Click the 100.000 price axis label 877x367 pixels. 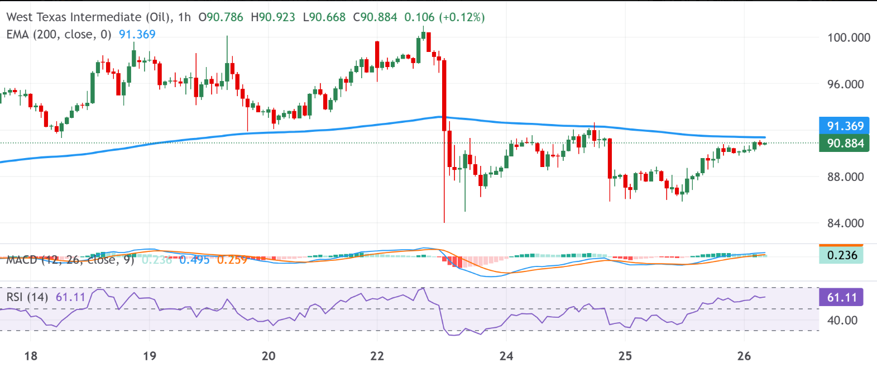[848, 38]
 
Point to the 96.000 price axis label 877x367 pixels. [845, 84]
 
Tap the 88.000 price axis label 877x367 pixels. [845, 177]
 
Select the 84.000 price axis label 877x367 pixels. [845, 223]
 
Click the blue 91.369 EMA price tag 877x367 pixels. [845, 126]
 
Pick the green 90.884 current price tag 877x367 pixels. [845, 144]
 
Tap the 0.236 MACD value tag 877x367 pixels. [841, 255]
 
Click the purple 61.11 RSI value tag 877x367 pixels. [841, 298]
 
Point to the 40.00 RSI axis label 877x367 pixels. [842, 321]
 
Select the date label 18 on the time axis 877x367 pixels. [31, 356]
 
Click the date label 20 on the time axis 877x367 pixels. [269, 356]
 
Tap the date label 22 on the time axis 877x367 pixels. [377, 356]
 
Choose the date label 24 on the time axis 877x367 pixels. [506, 356]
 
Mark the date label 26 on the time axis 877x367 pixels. [744, 356]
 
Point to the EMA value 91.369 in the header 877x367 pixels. [137, 35]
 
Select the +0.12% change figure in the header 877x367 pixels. [462, 17]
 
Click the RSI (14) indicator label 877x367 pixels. [27, 297]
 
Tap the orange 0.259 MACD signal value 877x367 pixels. [232, 260]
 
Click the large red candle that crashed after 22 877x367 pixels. [444, 95]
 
